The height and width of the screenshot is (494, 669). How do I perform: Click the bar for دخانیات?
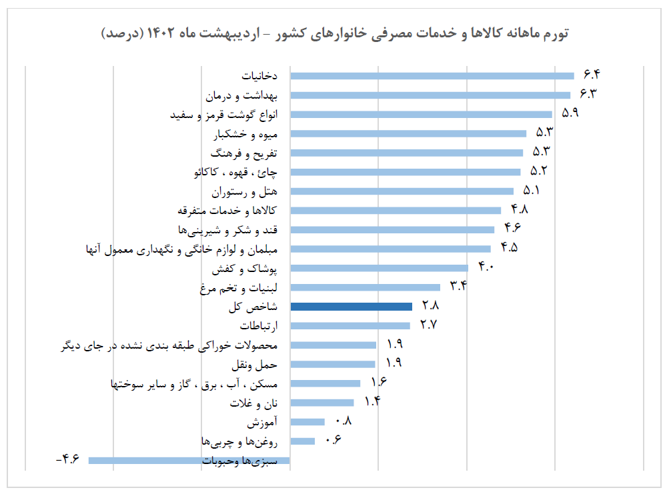click(x=432, y=76)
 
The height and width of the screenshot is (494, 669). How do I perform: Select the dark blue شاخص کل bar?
click(x=352, y=307)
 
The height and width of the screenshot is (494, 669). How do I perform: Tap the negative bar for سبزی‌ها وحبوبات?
click(x=189, y=460)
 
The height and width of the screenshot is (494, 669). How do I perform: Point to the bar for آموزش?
click(x=307, y=421)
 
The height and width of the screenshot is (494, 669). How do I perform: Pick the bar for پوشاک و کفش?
click(x=380, y=268)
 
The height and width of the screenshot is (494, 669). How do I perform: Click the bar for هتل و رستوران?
click(x=402, y=191)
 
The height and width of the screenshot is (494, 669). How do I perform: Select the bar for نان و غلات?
click(x=322, y=402)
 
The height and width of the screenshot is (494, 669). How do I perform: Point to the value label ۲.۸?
click(x=430, y=306)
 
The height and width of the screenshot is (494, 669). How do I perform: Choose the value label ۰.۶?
click(x=332, y=439)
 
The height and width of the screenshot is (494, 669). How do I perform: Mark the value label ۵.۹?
click(x=570, y=113)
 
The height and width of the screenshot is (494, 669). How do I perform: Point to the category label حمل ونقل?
click(x=255, y=365)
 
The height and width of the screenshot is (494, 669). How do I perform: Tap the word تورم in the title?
click(x=554, y=33)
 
